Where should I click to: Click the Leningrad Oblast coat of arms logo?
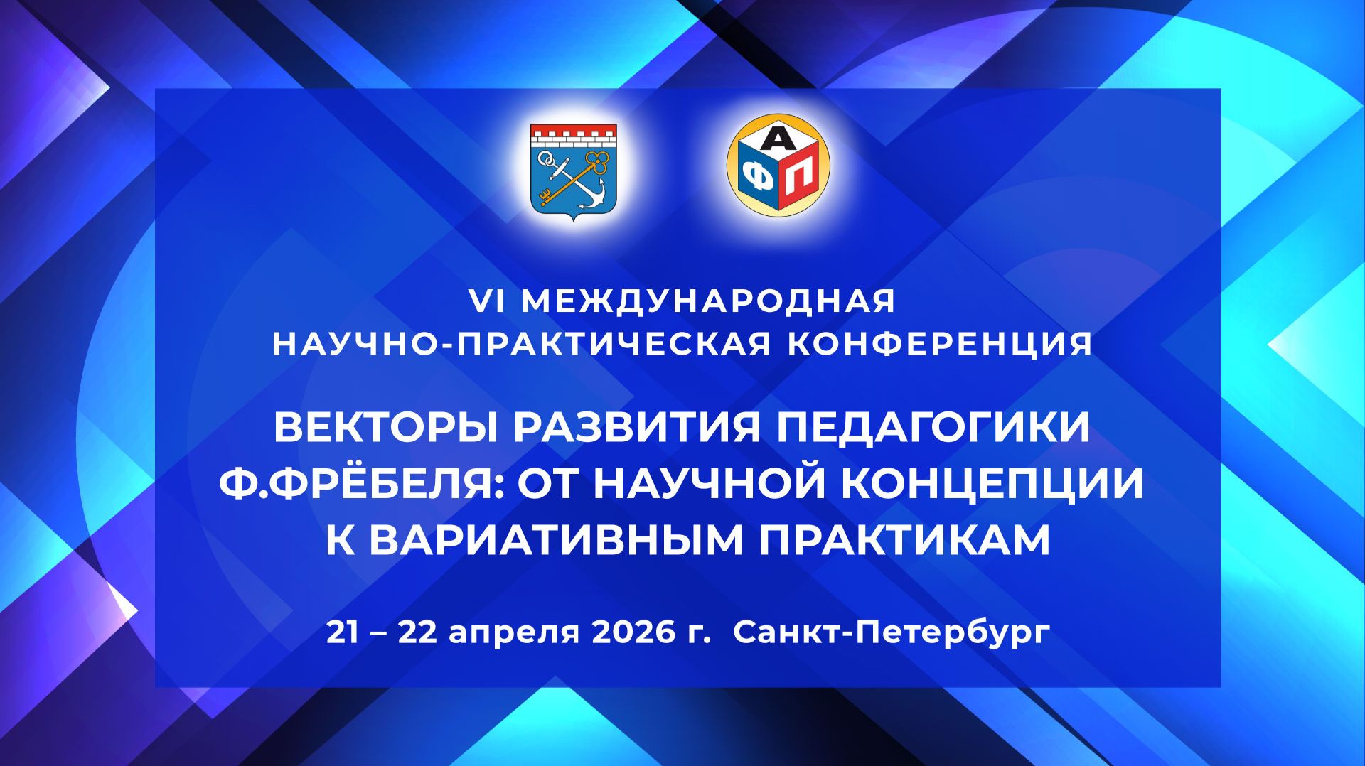click(x=574, y=171)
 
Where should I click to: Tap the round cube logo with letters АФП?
click(x=778, y=166)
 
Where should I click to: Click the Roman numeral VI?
click(x=487, y=301)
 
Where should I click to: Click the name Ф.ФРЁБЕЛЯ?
click(x=362, y=483)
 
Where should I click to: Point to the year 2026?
click(x=633, y=632)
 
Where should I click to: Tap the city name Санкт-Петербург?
click(x=892, y=632)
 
